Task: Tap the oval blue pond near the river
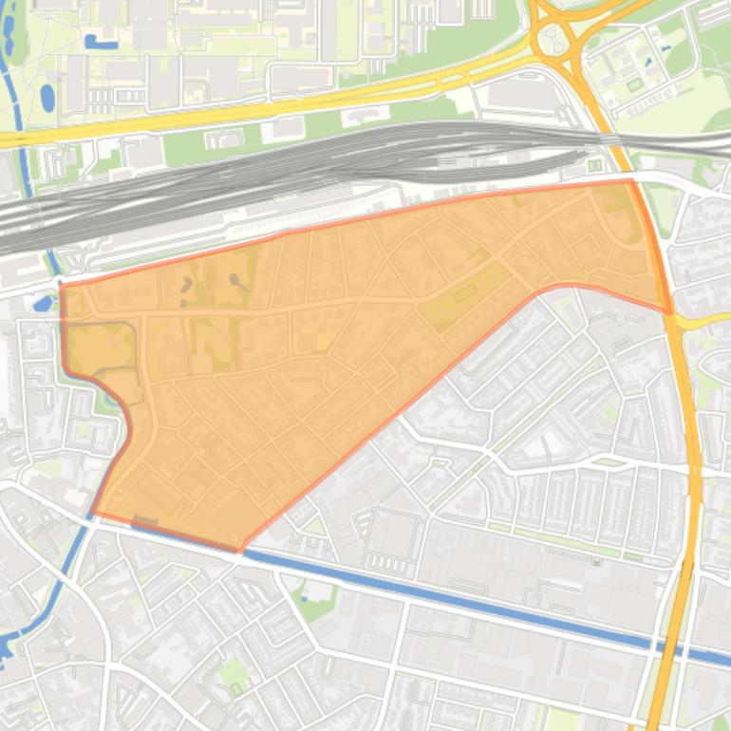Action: (47, 97)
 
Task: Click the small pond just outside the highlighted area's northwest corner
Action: (43, 304)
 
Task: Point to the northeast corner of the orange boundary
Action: (631, 179)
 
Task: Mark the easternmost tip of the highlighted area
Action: (671, 312)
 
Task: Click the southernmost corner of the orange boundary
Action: (239, 550)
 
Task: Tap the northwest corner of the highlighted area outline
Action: (62, 284)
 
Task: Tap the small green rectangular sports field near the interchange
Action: (633, 84)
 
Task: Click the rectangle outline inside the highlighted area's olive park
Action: (465, 294)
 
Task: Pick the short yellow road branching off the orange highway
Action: (703, 322)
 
